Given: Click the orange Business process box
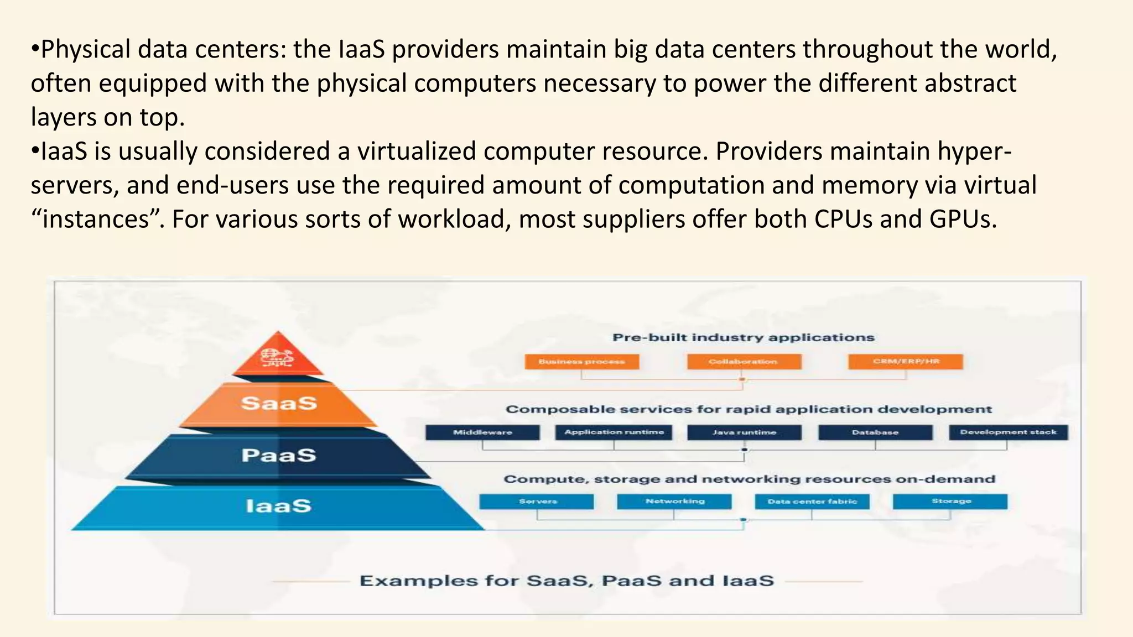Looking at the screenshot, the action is (x=581, y=362).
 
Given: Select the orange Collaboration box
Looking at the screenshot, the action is (x=744, y=362).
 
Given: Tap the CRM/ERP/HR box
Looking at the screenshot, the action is (x=906, y=362).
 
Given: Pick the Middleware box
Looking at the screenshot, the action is (x=482, y=432).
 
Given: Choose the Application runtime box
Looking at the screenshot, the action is (x=614, y=432).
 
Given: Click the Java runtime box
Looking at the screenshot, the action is (x=744, y=432).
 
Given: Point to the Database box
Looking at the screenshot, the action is (x=875, y=432).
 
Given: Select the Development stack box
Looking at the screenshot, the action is (x=1008, y=432).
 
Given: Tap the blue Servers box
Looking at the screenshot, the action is (x=537, y=502).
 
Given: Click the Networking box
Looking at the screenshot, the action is (x=674, y=502).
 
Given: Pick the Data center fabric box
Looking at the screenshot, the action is (x=812, y=502).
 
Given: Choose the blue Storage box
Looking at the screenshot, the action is (x=950, y=502).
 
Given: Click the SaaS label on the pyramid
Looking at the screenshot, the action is (x=279, y=403).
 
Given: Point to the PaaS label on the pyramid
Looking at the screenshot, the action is (x=279, y=455).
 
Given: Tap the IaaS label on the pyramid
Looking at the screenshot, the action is (x=279, y=506).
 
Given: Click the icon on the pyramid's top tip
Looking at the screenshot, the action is (x=278, y=358).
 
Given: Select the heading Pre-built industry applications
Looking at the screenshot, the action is (x=744, y=337).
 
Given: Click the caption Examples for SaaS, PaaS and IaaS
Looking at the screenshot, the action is (x=566, y=581).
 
